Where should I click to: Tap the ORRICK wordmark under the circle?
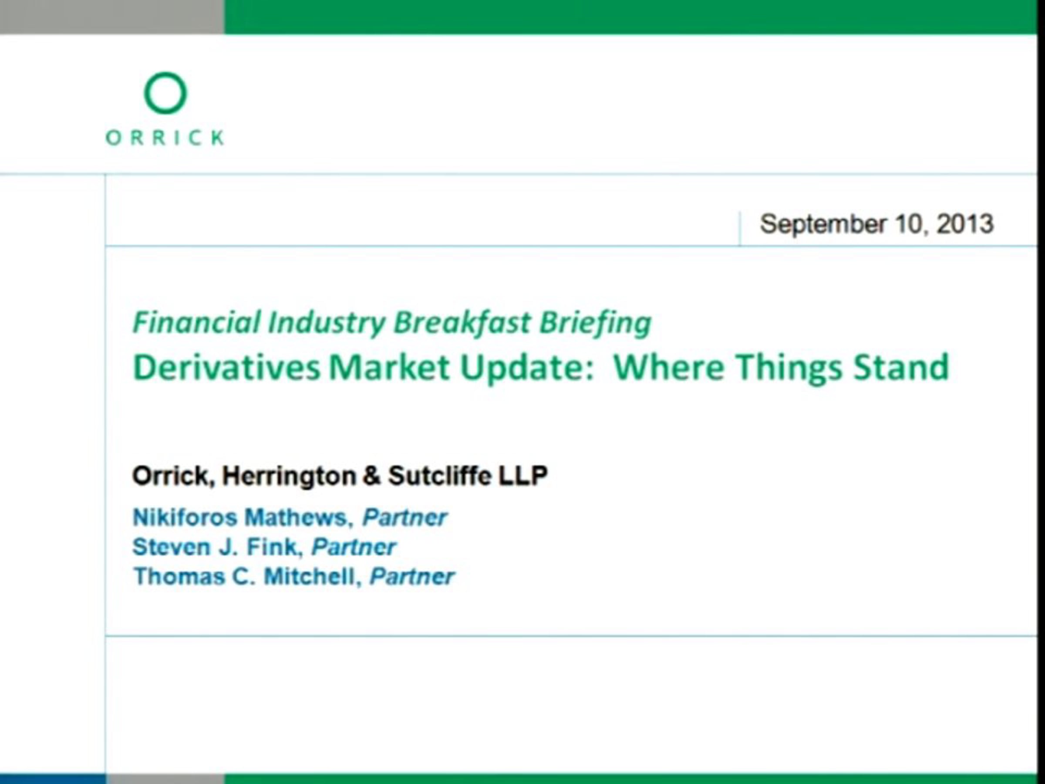pyautogui.click(x=165, y=138)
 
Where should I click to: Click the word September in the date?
pyautogui.click(x=823, y=224)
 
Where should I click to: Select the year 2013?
pyautogui.click(x=965, y=223)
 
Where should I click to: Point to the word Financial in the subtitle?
pyautogui.click(x=197, y=322)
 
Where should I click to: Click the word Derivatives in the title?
pyautogui.click(x=227, y=367)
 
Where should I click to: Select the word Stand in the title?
pyautogui.click(x=901, y=367)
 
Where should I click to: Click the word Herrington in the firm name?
pyautogui.click(x=289, y=476)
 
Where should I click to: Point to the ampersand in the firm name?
pyautogui.click(x=372, y=476)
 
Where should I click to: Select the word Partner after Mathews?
pyautogui.click(x=405, y=517)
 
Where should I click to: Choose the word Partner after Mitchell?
pyautogui.click(x=412, y=577)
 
